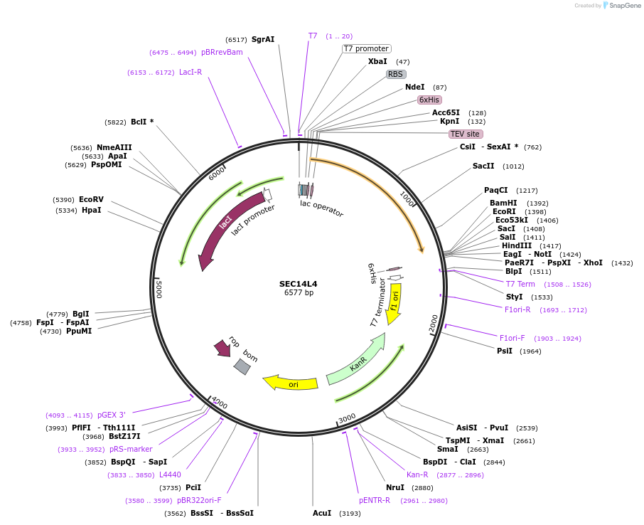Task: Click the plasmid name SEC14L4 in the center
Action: [299, 284]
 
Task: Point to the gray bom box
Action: [242, 366]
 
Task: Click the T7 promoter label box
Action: [366, 48]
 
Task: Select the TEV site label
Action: [466, 134]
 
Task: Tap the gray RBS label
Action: [396, 74]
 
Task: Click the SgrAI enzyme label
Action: [263, 40]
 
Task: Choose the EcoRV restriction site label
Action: [91, 200]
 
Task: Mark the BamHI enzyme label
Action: [504, 203]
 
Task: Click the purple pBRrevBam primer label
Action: [222, 53]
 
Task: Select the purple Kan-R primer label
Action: [417, 474]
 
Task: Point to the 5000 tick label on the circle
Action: [159, 290]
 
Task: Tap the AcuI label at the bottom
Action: [322, 513]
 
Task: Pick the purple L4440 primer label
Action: [170, 474]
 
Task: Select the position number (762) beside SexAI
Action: [532, 147]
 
